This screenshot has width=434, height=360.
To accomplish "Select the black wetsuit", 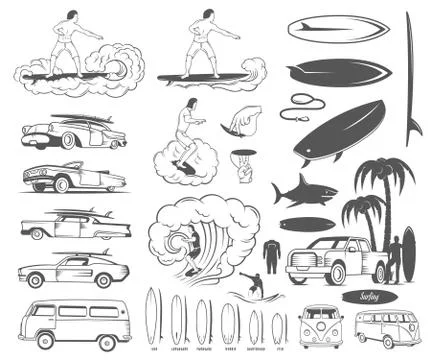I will (270, 256).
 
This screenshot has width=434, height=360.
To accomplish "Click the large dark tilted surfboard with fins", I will (340, 130).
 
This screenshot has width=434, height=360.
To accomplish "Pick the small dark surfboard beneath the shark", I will (306, 223).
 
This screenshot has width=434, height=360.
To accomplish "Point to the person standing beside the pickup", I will (393, 258).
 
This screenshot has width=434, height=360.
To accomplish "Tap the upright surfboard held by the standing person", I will (408, 254).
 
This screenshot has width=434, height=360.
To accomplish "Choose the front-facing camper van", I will (322, 327).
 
